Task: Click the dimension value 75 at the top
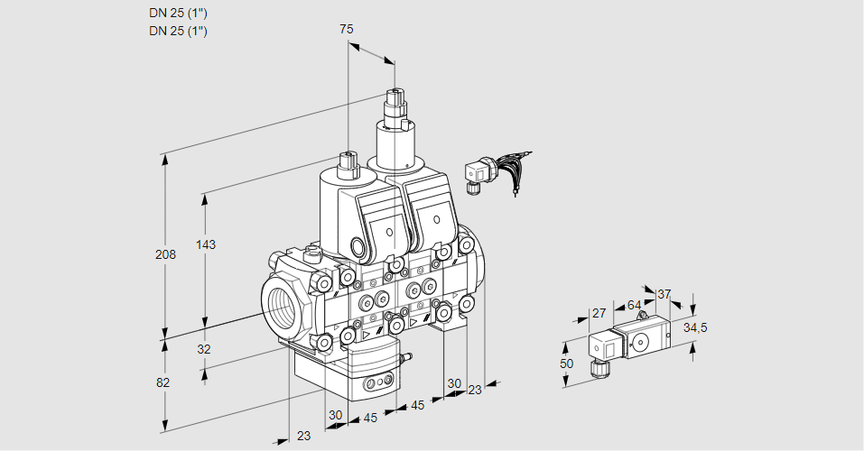coord(347,29)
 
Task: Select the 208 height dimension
coord(165,254)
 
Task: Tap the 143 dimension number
coord(208,244)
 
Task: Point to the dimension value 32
coord(203,349)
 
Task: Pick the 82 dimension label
coord(163,382)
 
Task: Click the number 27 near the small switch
coord(598,313)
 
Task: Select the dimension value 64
coord(634,305)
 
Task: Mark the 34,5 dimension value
coord(695,327)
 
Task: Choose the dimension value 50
coord(566,363)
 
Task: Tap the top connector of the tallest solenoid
coord(395,97)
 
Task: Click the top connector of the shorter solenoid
coord(348,160)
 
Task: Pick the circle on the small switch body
coord(642,342)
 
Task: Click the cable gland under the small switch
coord(596,367)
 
